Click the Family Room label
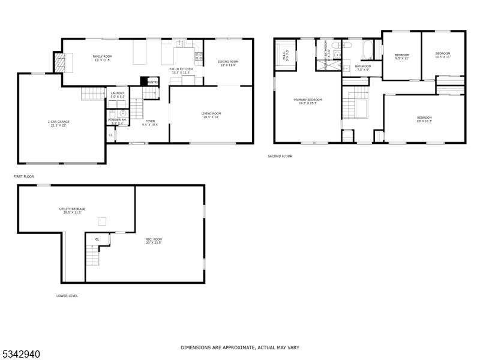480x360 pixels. pyautogui.click(x=102, y=56)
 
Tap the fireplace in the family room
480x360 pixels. pyautogui.click(x=60, y=62)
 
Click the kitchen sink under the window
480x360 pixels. pyautogui.click(x=179, y=44)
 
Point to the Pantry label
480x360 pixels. pyautogui.click(x=152, y=82)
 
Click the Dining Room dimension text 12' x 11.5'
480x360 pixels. pyautogui.click(x=227, y=65)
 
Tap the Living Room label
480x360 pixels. pyautogui.click(x=211, y=113)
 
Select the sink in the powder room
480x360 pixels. pyautogui.click(x=122, y=112)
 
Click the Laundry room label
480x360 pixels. pyautogui.click(x=117, y=93)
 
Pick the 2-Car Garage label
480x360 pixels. pyautogui.click(x=59, y=122)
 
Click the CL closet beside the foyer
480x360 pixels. pyautogui.click(x=110, y=135)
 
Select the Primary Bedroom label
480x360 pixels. pyautogui.click(x=307, y=100)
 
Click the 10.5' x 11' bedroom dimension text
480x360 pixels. pyautogui.click(x=443, y=58)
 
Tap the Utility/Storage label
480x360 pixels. pyautogui.click(x=72, y=209)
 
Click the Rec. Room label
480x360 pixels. pyautogui.click(x=154, y=239)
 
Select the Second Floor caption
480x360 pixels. pyautogui.click(x=280, y=156)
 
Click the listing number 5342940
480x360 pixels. pyautogui.click(x=21, y=354)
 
